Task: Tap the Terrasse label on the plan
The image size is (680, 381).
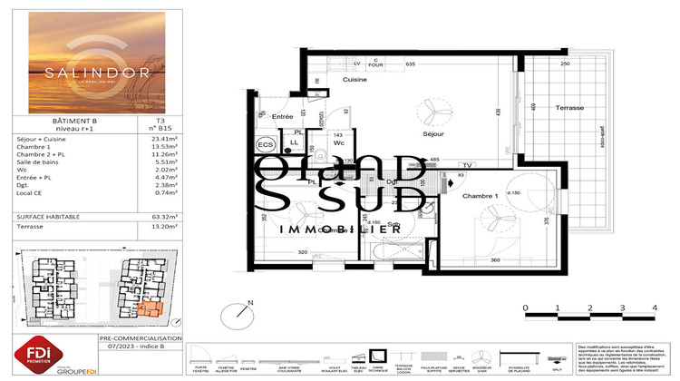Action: (x=569, y=108)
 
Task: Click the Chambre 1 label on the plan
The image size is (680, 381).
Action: (x=480, y=197)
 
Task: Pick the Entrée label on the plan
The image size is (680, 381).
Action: (x=282, y=117)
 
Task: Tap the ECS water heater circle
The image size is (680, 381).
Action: (x=265, y=145)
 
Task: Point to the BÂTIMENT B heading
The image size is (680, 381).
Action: (x=62, y=120)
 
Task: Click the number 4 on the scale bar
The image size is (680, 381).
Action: (x=654, y=309)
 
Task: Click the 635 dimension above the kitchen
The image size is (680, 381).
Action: (x=410, y=64)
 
